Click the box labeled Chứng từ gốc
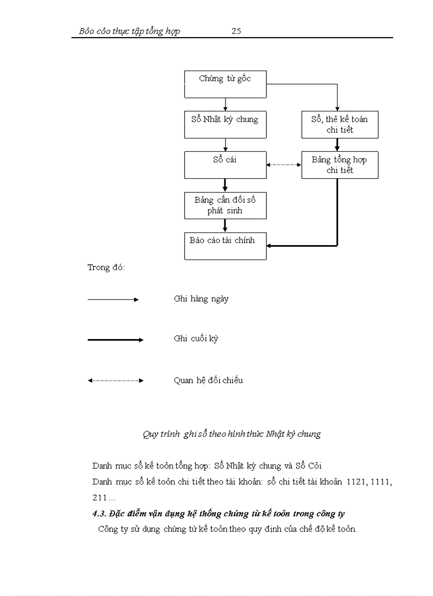(225, 84)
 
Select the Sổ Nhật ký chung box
(225, 125)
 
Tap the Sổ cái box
(225, 165)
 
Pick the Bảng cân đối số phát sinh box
(225, 205)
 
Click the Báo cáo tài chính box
(225, 246)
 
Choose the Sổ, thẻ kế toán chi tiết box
(340, 125)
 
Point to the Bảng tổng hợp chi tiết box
(340, 165)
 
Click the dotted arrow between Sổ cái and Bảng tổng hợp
(284, 165)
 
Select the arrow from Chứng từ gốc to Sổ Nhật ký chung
(226, 105)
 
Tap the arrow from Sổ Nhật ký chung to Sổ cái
(226, 145)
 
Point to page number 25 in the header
(236, 31)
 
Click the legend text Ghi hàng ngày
(201, 299)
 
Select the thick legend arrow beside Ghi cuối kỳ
(115, 340)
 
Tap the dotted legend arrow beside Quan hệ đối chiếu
(115, 381)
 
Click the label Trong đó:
(106, 267)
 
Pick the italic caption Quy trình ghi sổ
(232, 434)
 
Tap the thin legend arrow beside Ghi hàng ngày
(112, 300)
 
